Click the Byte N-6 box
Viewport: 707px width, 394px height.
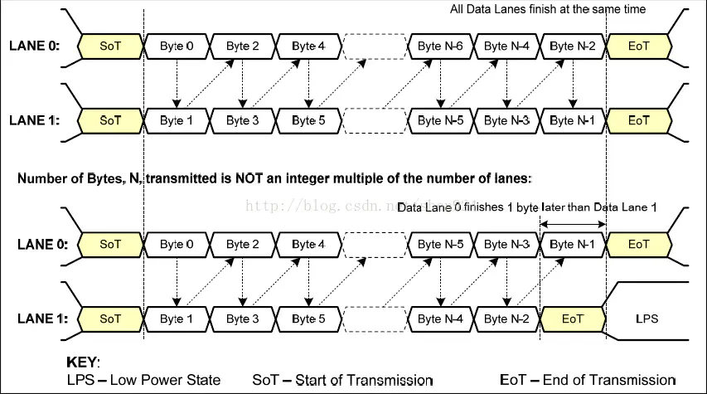[440, 46]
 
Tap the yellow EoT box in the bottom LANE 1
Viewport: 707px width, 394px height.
[572, 319]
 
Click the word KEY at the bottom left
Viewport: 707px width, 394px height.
[82, 363]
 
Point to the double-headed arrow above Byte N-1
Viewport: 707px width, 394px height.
[573, 223]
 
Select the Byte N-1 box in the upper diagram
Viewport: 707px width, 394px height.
[573, 120]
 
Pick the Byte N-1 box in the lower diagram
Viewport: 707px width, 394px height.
[573, 245]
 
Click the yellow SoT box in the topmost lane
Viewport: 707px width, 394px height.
[110, 46]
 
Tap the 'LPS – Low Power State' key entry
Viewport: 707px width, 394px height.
[143, 380]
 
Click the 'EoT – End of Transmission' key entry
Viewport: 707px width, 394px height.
[588, 380]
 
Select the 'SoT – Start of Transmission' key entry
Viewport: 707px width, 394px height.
[342, 380]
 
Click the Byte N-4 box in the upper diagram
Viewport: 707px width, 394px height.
[506, 46]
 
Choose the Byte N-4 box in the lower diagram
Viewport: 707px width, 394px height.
[440, 319]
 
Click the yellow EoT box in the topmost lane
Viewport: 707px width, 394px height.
[638, 46]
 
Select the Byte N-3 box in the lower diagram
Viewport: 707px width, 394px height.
[506, 245]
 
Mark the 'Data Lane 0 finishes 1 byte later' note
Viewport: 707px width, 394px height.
[527, 207]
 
